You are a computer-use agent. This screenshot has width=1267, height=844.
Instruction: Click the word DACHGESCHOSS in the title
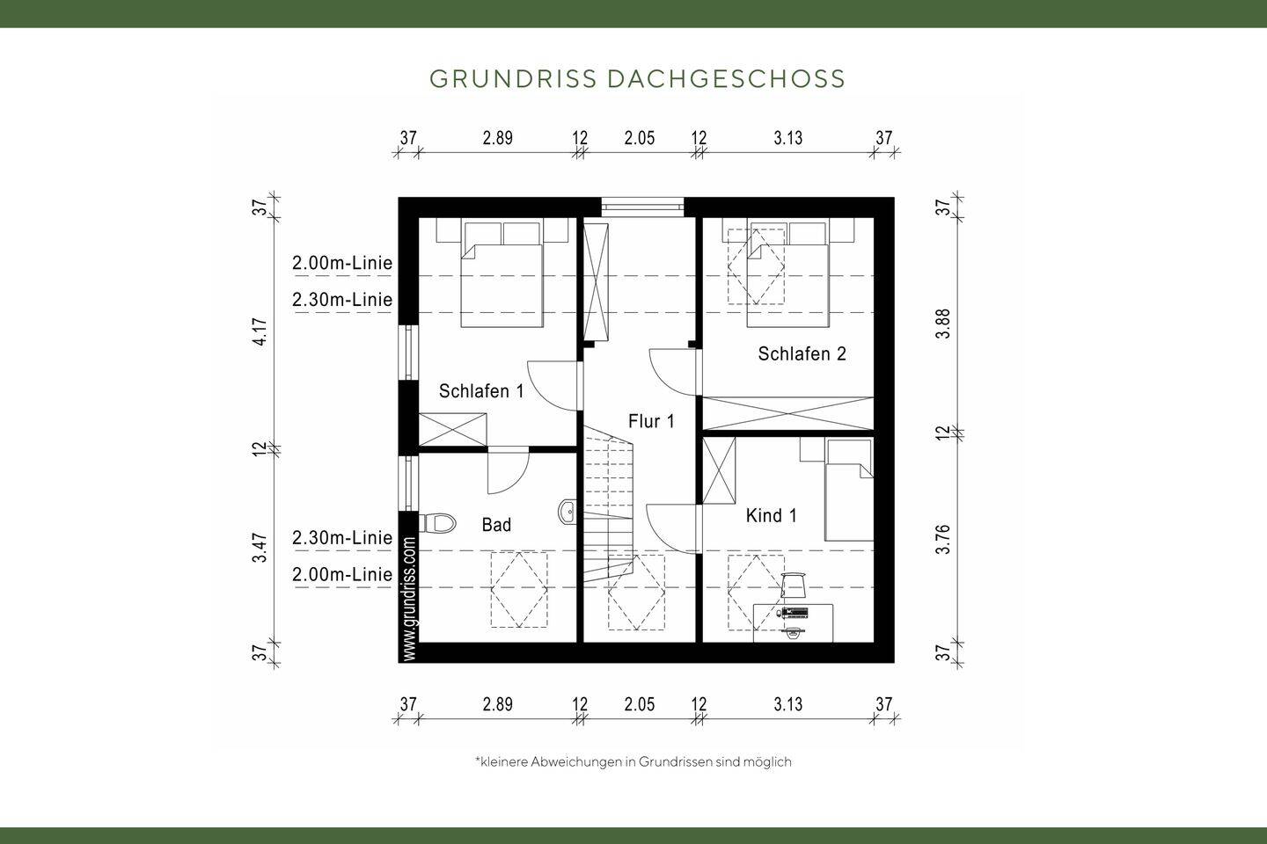726,79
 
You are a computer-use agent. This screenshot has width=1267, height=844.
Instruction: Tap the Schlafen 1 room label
481,391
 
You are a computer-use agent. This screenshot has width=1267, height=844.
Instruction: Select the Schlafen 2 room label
802,354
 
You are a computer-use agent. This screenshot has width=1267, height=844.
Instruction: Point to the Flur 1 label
651,421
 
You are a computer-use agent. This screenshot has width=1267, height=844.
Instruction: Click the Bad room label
496,525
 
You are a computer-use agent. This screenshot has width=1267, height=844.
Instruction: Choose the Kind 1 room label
771,515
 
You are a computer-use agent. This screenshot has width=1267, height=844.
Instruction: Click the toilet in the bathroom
437,524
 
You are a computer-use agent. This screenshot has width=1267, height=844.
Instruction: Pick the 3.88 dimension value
943,324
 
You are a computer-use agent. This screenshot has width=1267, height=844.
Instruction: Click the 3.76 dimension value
943,539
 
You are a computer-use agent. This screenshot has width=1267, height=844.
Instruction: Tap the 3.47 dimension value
260,548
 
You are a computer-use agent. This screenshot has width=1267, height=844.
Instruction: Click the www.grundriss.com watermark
409,598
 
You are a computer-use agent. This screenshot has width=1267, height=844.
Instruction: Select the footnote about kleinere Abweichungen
633,761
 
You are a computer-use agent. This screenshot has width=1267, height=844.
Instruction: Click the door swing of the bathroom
509,472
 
